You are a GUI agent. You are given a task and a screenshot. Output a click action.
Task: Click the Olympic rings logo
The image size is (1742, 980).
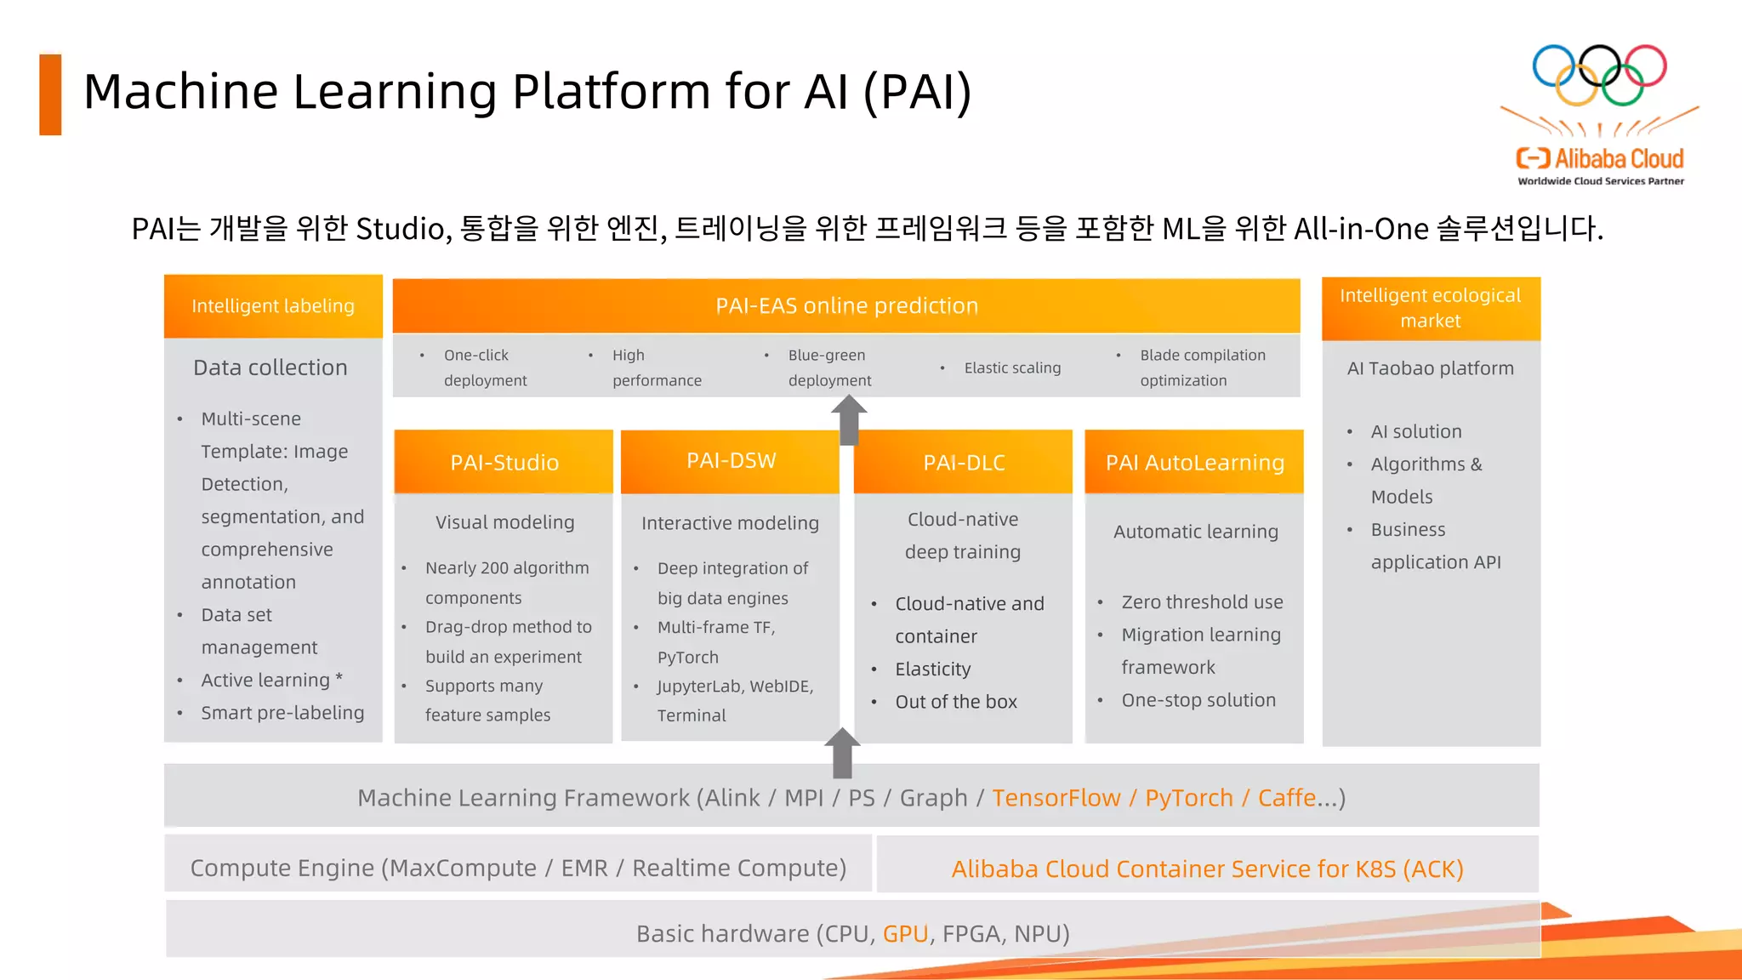click(x=1599, y=75)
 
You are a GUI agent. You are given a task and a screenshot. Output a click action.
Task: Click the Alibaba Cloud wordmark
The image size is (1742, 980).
click(x=1600, y=159)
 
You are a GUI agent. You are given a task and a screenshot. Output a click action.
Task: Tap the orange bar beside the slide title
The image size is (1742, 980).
click(x=50, y=94)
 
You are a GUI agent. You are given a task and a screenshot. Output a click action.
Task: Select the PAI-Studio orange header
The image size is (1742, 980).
click(x=504, y=462)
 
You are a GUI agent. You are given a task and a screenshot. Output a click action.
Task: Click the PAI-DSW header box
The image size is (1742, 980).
click(x=731, y=461)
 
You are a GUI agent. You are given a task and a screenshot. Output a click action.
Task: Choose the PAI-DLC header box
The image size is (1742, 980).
click(x=964, y=462)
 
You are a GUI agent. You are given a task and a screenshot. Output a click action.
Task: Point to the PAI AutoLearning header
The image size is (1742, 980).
click(x=1194, y=462)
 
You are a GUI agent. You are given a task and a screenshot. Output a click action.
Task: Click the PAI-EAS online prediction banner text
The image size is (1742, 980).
click(x=846, y=305)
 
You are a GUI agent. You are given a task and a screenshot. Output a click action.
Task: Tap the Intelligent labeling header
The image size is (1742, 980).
click(x=273, y=305)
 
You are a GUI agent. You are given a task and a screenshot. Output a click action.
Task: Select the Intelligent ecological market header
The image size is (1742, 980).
click(x=1431, y=308)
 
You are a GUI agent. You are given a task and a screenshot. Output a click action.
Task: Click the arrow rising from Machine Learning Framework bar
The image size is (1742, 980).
click(x=843, y=752)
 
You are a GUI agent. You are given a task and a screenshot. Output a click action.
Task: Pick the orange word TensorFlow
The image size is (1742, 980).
click(x=1056, y=798)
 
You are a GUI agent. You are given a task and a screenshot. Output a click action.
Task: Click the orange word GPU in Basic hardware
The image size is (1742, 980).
click(x=905, y=934)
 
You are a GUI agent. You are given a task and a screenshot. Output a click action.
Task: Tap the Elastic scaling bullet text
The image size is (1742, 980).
click(x=1012, y=367)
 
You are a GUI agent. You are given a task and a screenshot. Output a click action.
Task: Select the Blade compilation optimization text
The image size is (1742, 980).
click(x=1202, y=367)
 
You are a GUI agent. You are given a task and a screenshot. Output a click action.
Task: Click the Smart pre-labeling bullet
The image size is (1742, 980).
click(x=282, y=713)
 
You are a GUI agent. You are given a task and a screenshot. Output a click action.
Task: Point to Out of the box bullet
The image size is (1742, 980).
click(x=956, y=702)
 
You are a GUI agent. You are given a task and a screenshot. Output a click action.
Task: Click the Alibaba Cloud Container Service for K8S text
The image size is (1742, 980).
click(x=1207, y=869)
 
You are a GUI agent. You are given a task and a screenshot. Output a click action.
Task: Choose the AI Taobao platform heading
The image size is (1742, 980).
click(x=1431, y=368)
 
